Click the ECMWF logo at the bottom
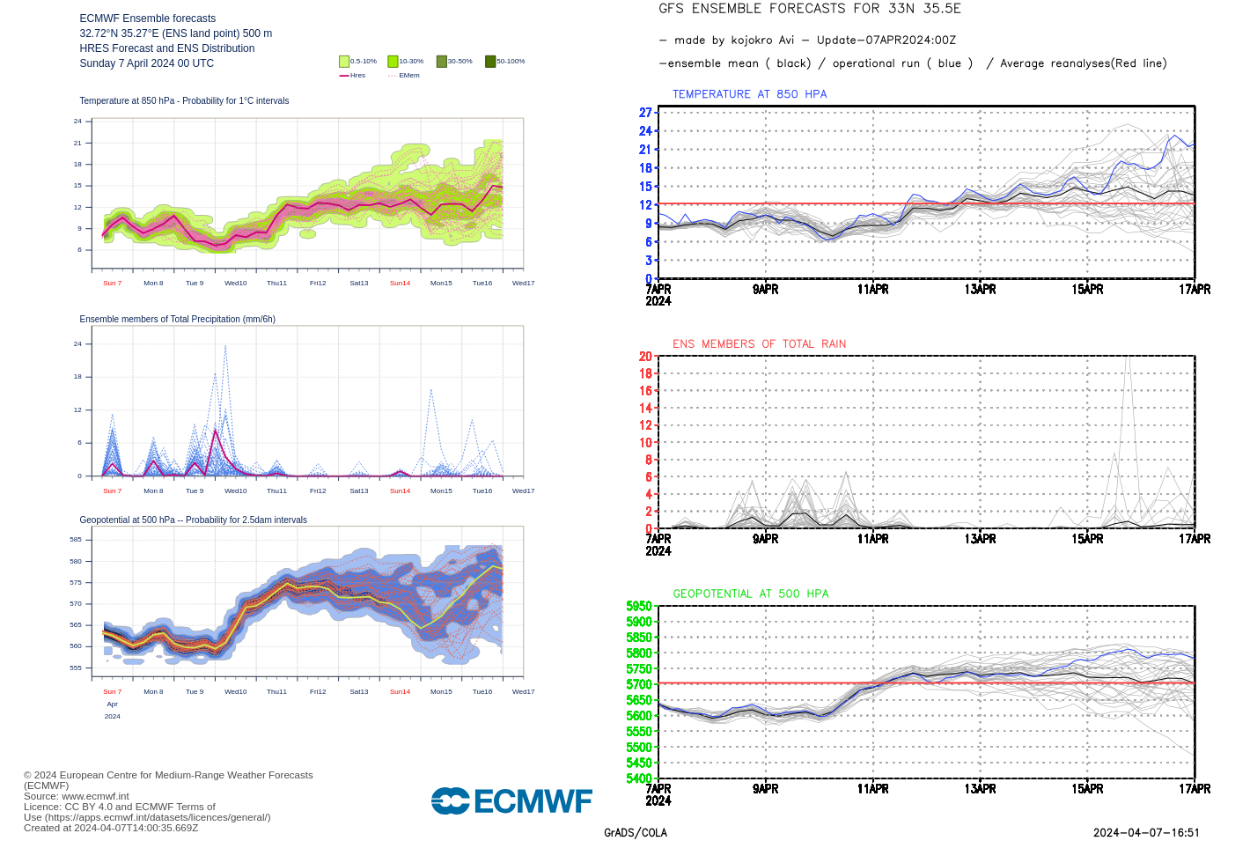click(511, 800)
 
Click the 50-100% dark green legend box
click(490, 62)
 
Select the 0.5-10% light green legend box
click(344, 62)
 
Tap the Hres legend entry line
click(344, 76)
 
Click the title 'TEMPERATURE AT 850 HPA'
click(749, 94)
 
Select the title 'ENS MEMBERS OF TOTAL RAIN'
click(759, 344)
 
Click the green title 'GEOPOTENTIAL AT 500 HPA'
click(751, 594)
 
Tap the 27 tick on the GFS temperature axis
click(645, 113)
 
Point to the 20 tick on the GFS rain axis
click(645, 357)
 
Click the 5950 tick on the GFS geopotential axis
click(639, 606)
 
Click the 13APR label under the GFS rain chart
click(980, 539)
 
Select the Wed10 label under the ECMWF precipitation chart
click(235, 491)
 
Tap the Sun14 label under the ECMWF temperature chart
click(400, 283)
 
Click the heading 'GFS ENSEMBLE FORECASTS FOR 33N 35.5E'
click(809, 9)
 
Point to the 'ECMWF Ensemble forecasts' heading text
click(147, 18)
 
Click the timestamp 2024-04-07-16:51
click(1146, 832)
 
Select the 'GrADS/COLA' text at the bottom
click(635, 832)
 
